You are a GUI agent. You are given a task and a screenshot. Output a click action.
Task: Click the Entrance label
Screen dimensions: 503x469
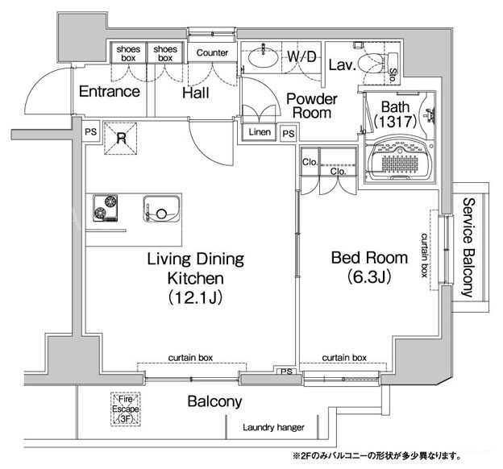110,92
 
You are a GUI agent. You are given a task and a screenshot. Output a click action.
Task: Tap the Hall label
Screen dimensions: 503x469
196,93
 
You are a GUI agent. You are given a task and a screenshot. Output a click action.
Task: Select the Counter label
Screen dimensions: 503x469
212,52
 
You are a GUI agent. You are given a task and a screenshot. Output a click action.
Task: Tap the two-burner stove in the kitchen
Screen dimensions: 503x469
106,208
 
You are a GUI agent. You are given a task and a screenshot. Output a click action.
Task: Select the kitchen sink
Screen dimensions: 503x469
161,208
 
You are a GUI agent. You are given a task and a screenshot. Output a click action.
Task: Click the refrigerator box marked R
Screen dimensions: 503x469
121,139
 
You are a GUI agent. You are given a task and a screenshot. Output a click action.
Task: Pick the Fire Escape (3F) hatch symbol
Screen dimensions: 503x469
126,409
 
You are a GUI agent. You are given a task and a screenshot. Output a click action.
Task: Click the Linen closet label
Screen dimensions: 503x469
260,132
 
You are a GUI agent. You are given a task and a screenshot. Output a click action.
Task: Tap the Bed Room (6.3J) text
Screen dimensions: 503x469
369,268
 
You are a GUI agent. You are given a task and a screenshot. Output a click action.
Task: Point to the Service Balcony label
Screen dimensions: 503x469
468,247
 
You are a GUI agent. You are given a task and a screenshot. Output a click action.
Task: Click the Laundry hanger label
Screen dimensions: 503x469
273,427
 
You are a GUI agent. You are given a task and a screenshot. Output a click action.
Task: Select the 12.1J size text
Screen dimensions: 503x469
195,298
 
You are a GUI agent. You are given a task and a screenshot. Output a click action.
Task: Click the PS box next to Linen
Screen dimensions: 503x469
289,133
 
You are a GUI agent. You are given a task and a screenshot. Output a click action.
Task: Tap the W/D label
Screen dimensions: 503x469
301,56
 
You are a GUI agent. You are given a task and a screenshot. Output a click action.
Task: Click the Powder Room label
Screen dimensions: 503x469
311,106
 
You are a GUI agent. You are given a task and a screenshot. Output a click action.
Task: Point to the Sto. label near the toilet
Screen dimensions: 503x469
393,76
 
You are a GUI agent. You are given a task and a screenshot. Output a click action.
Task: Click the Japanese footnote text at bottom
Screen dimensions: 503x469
376,456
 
